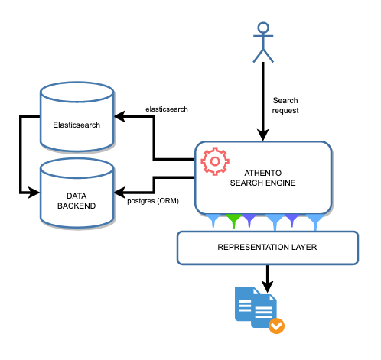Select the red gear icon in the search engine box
coord(215,161)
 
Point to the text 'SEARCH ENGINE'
coord(262,183)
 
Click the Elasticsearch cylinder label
coord(77,124)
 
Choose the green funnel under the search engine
coord(235,222)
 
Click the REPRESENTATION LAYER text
coord(267,248)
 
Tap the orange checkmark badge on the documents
coord(277,326)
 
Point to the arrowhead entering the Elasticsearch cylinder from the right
coord(119,117)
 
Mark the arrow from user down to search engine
coord(263,99)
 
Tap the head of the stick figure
coord(263,28)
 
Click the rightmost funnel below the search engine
coord(314,222)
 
